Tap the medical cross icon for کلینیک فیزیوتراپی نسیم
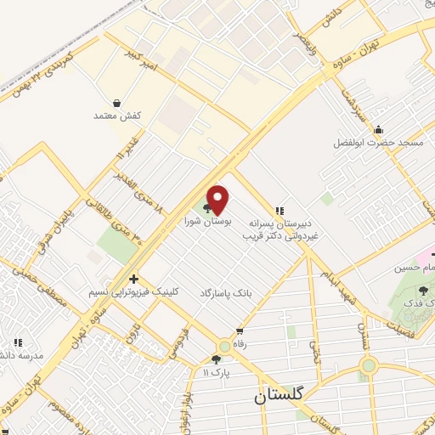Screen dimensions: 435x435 [133, 279]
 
